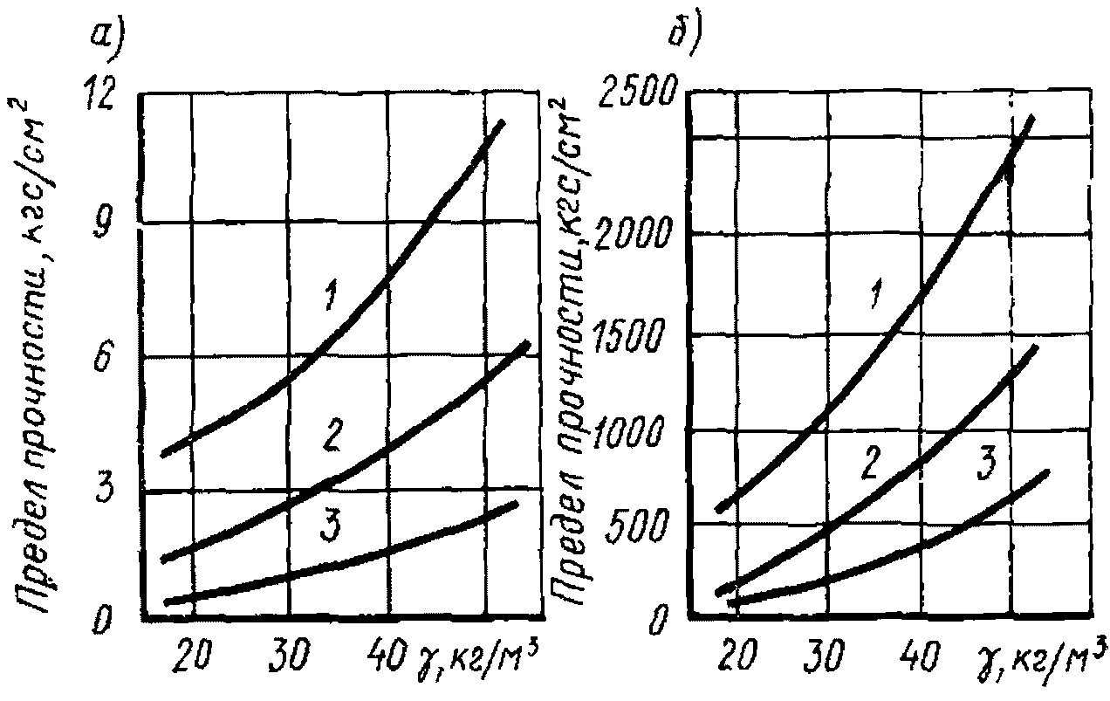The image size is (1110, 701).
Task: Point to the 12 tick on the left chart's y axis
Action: [106, 96]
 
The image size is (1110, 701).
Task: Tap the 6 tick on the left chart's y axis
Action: [107, 360]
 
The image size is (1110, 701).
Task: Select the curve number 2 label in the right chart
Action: [868, 464]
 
